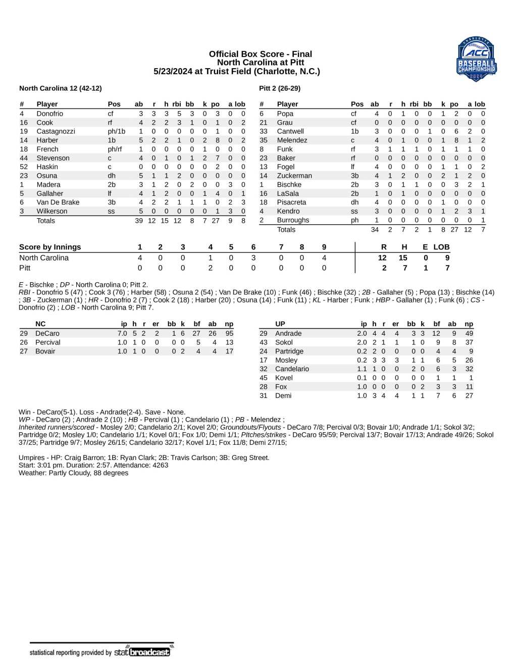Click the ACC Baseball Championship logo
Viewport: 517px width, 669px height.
tap(477, 59)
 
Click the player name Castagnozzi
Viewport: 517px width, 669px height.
tap(56, 131)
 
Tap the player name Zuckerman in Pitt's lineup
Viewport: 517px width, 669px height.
tap(294, 176)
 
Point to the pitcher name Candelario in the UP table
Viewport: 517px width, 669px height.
tap(292, 369)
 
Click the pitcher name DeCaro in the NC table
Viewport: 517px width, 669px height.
tap(47, 334)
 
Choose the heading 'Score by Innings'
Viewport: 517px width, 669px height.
tap(50, 247)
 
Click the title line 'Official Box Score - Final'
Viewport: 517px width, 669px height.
tap(260, 54)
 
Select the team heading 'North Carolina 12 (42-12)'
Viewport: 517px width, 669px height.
tap(61, 88)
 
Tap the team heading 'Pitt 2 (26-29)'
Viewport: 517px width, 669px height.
tap(280, 88)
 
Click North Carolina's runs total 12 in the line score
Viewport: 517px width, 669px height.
tap(382, 258)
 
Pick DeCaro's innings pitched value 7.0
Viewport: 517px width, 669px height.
tap(122, 334)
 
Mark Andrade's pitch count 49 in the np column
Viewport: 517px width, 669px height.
tap(469, 334)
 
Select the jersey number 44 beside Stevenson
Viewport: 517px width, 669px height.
tap(24, 158)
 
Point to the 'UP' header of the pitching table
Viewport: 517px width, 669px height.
tap(280, 324)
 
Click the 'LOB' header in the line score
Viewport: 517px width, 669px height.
tap(441, 247)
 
